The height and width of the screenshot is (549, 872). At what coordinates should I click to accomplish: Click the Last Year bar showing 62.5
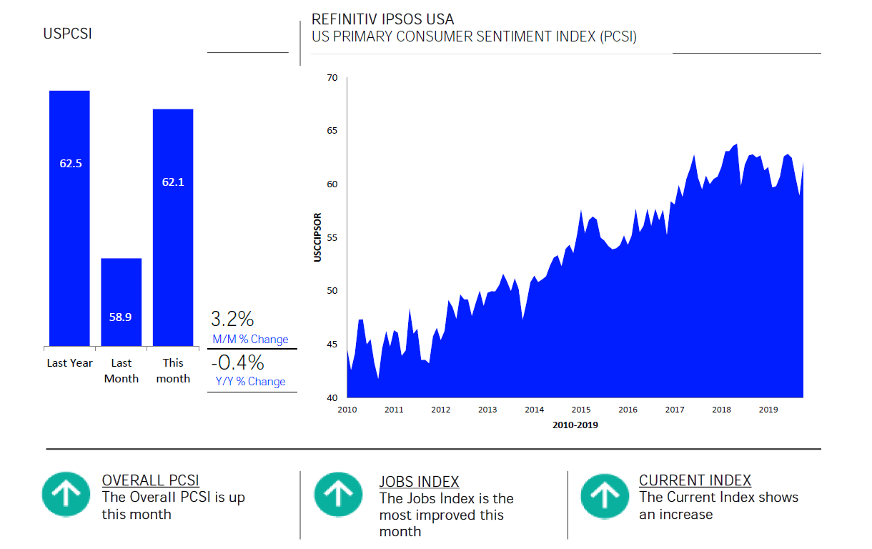[x=69, y=218]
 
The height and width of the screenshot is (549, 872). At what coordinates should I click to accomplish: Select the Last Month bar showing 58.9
[x=121, y=302]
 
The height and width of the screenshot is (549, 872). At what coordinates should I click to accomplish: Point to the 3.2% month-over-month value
[x=232, y=318]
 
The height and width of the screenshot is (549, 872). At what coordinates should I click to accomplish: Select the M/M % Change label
[x=250, y=340]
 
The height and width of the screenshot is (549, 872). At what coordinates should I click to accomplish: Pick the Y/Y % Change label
[x=250, y=382]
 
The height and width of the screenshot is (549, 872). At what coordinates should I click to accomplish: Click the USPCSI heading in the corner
[x=67, y=34]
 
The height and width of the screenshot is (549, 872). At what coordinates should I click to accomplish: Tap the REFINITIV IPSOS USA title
[x=382, y=19]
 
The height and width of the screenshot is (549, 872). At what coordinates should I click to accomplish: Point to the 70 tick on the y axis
[x=332, y=77]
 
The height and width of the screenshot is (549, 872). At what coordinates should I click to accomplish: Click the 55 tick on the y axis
[x=332, y=237]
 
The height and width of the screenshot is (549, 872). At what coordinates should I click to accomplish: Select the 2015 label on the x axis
[x=581, y=410]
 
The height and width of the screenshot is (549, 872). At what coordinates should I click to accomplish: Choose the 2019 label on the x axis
[x=768, y=410]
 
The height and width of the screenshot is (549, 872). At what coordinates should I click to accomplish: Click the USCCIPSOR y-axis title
[x=318, y=237]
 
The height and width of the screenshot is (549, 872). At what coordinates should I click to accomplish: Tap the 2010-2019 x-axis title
[x=575, y=425]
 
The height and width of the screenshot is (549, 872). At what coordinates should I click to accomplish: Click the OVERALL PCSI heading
[x=150, y=480]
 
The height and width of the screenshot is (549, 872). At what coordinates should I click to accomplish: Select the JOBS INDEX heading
[x=419, y=482]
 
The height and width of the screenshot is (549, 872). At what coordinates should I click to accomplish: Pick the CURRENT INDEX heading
[x=695, y=480]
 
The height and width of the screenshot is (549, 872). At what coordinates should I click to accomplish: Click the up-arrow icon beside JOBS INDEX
[x=338, y=494]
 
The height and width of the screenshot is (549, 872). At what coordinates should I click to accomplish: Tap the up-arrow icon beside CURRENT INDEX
[x=604, y=494]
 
